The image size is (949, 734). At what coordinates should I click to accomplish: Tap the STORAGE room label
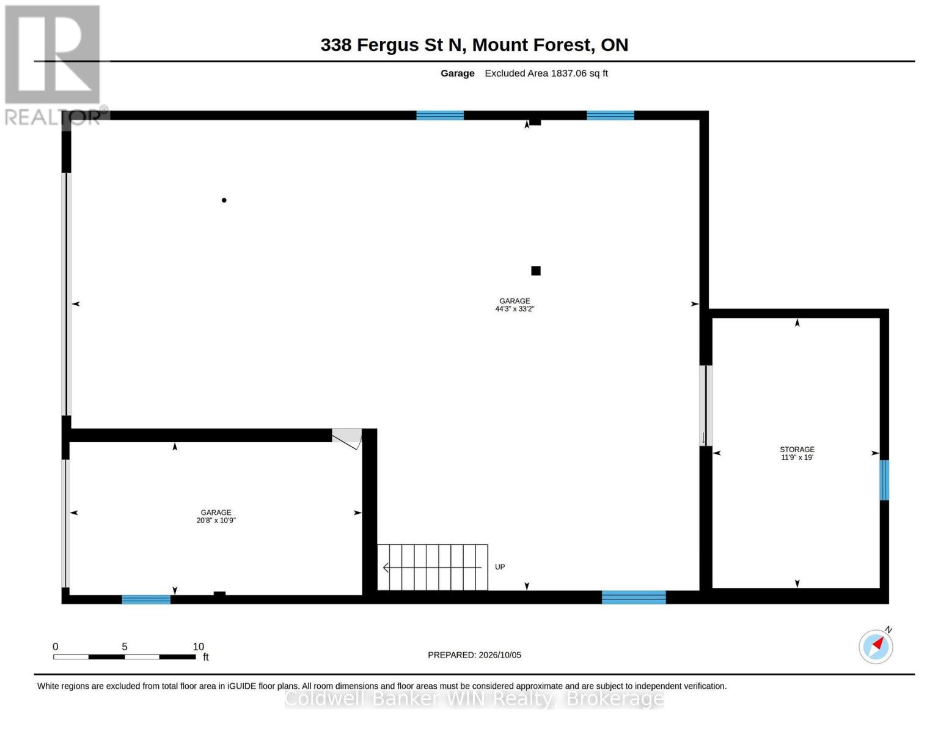(x=797, y=449)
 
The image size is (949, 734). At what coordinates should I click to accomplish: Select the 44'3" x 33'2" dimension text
(x=515, y=309)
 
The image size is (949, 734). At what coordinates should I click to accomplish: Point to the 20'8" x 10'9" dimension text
(x=216, y=521)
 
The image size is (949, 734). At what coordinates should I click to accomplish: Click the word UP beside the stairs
(x=500, y=567)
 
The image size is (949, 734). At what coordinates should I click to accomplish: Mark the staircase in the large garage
(x=433, y=567)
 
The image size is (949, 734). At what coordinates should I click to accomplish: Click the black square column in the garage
(x=535, y=271)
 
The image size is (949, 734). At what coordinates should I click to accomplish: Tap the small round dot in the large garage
(x=224, y=200)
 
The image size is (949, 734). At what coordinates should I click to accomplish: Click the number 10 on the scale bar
(x=198, y=647)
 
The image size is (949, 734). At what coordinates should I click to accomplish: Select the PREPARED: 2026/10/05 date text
(x=474, y=655)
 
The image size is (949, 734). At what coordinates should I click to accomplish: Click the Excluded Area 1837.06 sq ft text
(x=546, y=73)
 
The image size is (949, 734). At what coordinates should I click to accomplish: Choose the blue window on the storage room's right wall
(x=884, y=480)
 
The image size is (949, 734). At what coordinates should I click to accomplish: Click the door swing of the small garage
(x=347, y=439)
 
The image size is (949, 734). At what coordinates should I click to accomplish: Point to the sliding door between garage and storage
(x=706, y=406)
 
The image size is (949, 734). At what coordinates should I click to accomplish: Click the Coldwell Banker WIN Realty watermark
(x=474, y=699)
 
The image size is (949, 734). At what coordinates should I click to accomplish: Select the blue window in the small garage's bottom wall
(x=146, y=599)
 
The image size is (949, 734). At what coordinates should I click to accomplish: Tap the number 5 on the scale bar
(x=125, y=647)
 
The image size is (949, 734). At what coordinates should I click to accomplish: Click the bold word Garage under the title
(x=457, y=73)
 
